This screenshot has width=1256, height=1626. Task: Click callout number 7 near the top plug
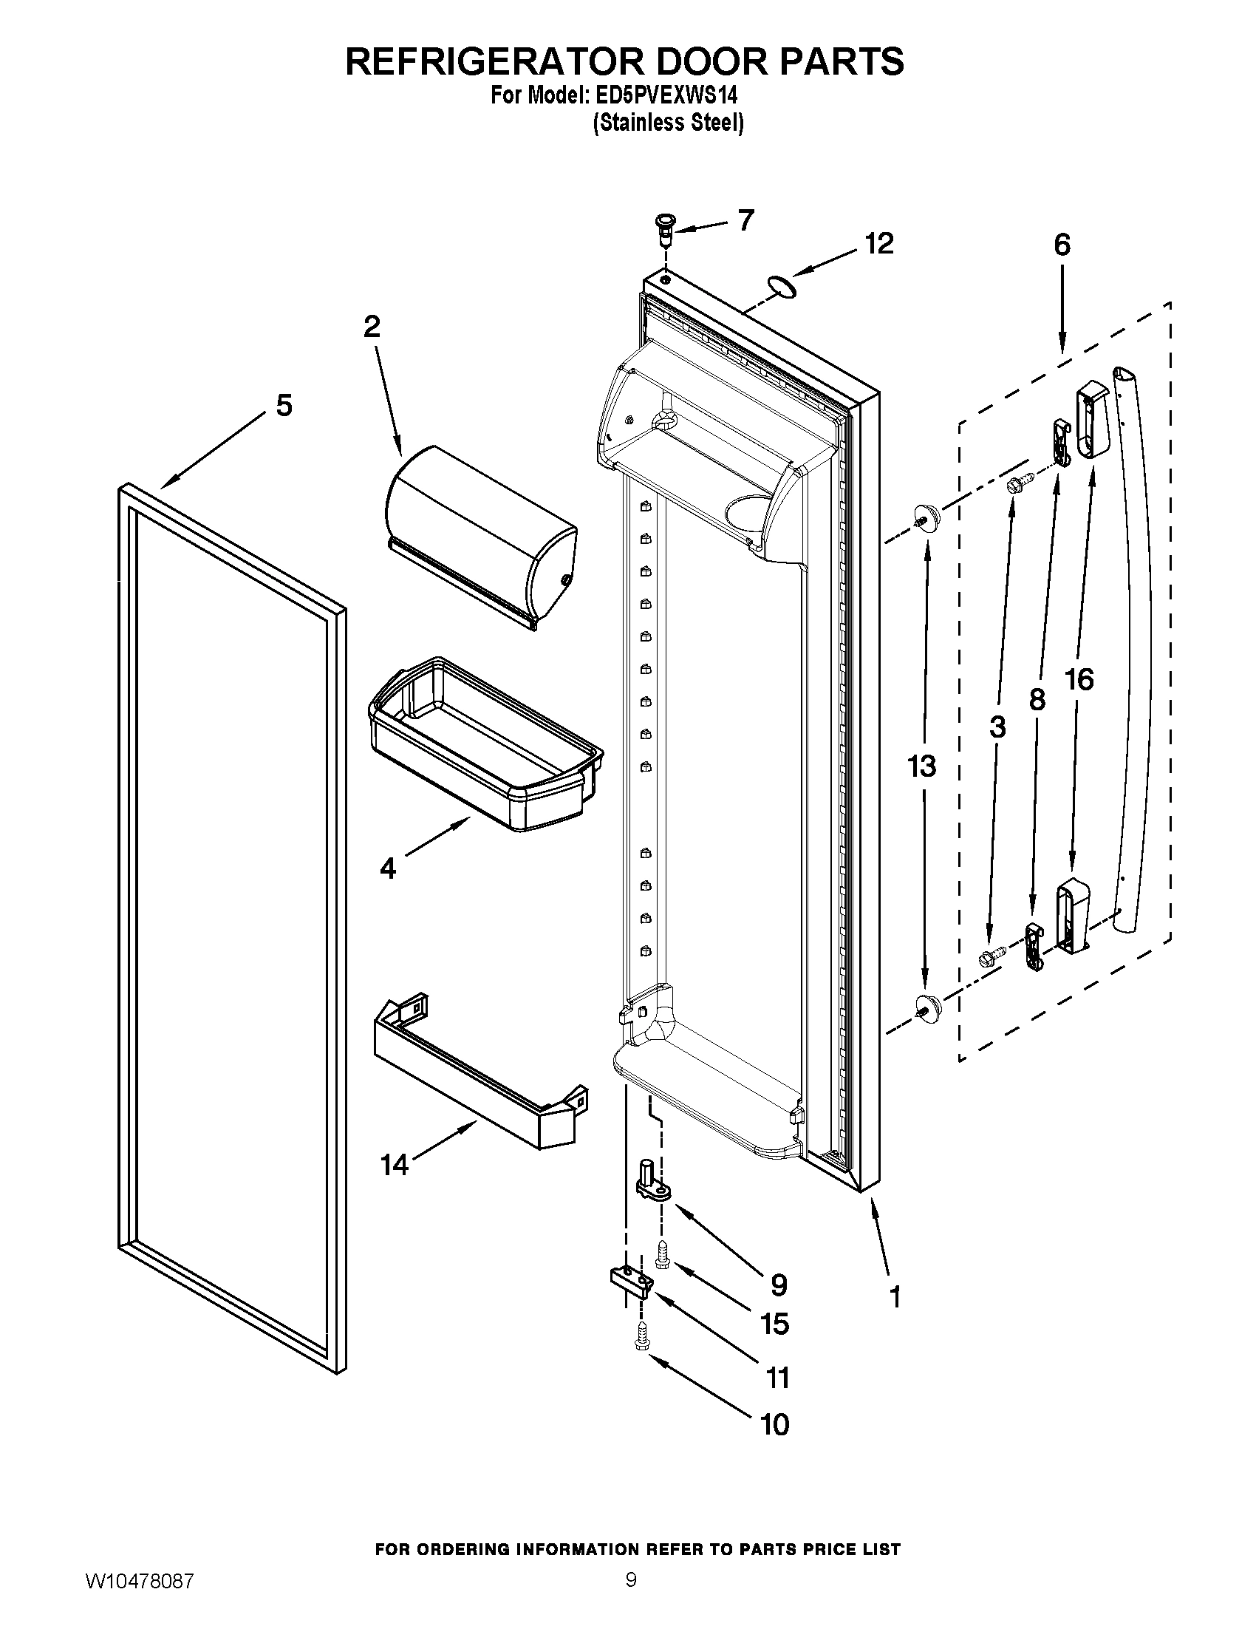pos(745,220)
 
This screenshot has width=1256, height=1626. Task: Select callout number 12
pos(878,243)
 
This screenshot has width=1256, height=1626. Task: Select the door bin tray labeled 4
pos(485,744)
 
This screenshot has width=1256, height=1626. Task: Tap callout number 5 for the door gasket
pos(284,406)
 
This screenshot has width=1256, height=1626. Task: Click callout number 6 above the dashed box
pos(1062,244)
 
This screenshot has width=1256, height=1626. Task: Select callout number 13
pos(921,766)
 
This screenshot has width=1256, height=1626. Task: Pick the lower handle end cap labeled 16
pos(1072,916)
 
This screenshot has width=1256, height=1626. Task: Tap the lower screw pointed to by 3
pos(990,954)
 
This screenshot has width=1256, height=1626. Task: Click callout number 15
pos(774,1324)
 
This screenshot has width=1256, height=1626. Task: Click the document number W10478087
pos(140,1598)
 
